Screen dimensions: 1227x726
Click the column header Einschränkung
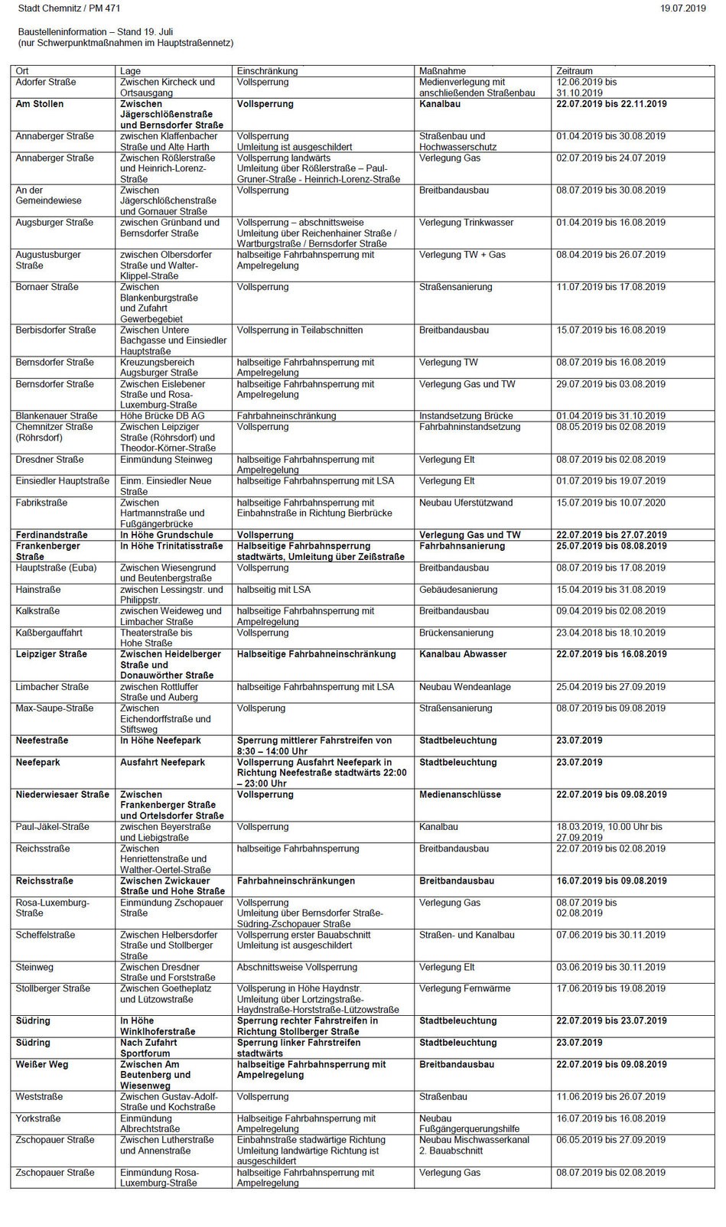(268, 71)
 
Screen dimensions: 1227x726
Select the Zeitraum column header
(575, 71)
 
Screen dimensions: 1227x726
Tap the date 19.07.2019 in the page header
(682, 8)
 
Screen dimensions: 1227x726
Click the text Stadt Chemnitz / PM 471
(69, 8)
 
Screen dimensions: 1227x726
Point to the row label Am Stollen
(40, 104)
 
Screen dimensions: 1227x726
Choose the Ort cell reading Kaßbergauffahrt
(49, 633)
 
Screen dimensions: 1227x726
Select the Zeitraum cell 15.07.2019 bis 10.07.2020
(610, 503)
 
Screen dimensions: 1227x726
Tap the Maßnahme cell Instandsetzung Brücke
(466, 416)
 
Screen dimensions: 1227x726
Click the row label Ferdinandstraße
(52, 535)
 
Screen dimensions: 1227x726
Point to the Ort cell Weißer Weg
(42, 1065)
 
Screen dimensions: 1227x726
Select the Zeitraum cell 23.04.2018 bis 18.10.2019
(610, 633)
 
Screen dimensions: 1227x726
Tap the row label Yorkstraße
(38, 1119)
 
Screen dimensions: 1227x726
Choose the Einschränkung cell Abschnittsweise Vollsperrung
(297, 968)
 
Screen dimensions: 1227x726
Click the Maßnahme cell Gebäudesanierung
(458, 590)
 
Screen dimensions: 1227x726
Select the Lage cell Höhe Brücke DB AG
(162, 416)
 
